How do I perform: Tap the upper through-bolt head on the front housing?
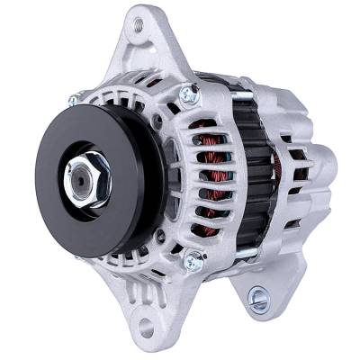point(190,93)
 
